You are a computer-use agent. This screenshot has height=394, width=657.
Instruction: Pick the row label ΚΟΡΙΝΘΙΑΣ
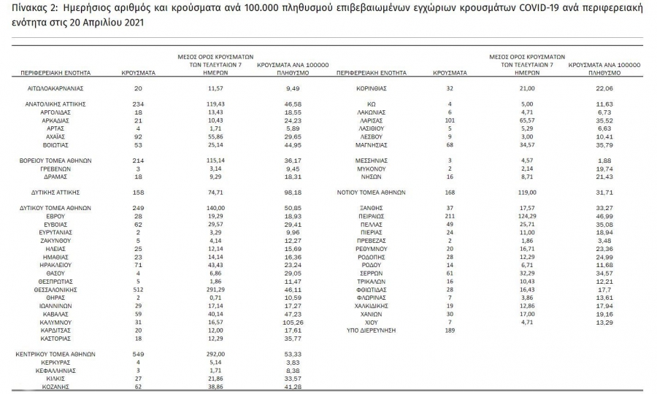pos(372,88)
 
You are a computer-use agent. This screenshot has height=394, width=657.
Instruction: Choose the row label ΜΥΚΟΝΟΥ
pos(372,168)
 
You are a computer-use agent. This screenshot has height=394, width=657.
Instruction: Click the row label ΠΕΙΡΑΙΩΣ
pos(372,217)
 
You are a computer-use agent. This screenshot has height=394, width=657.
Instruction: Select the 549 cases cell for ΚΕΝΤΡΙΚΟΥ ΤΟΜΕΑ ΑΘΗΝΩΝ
pos(138,354)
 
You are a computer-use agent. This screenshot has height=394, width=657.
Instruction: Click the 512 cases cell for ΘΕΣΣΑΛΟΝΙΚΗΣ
pos(138,289)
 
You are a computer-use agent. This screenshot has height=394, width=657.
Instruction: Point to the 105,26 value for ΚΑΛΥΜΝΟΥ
pos(293,322)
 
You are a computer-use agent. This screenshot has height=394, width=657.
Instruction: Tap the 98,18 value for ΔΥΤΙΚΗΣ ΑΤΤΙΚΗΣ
pos(293,193)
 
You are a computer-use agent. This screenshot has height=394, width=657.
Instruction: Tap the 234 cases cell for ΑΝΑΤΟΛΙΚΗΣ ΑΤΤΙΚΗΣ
pos(138,104)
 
